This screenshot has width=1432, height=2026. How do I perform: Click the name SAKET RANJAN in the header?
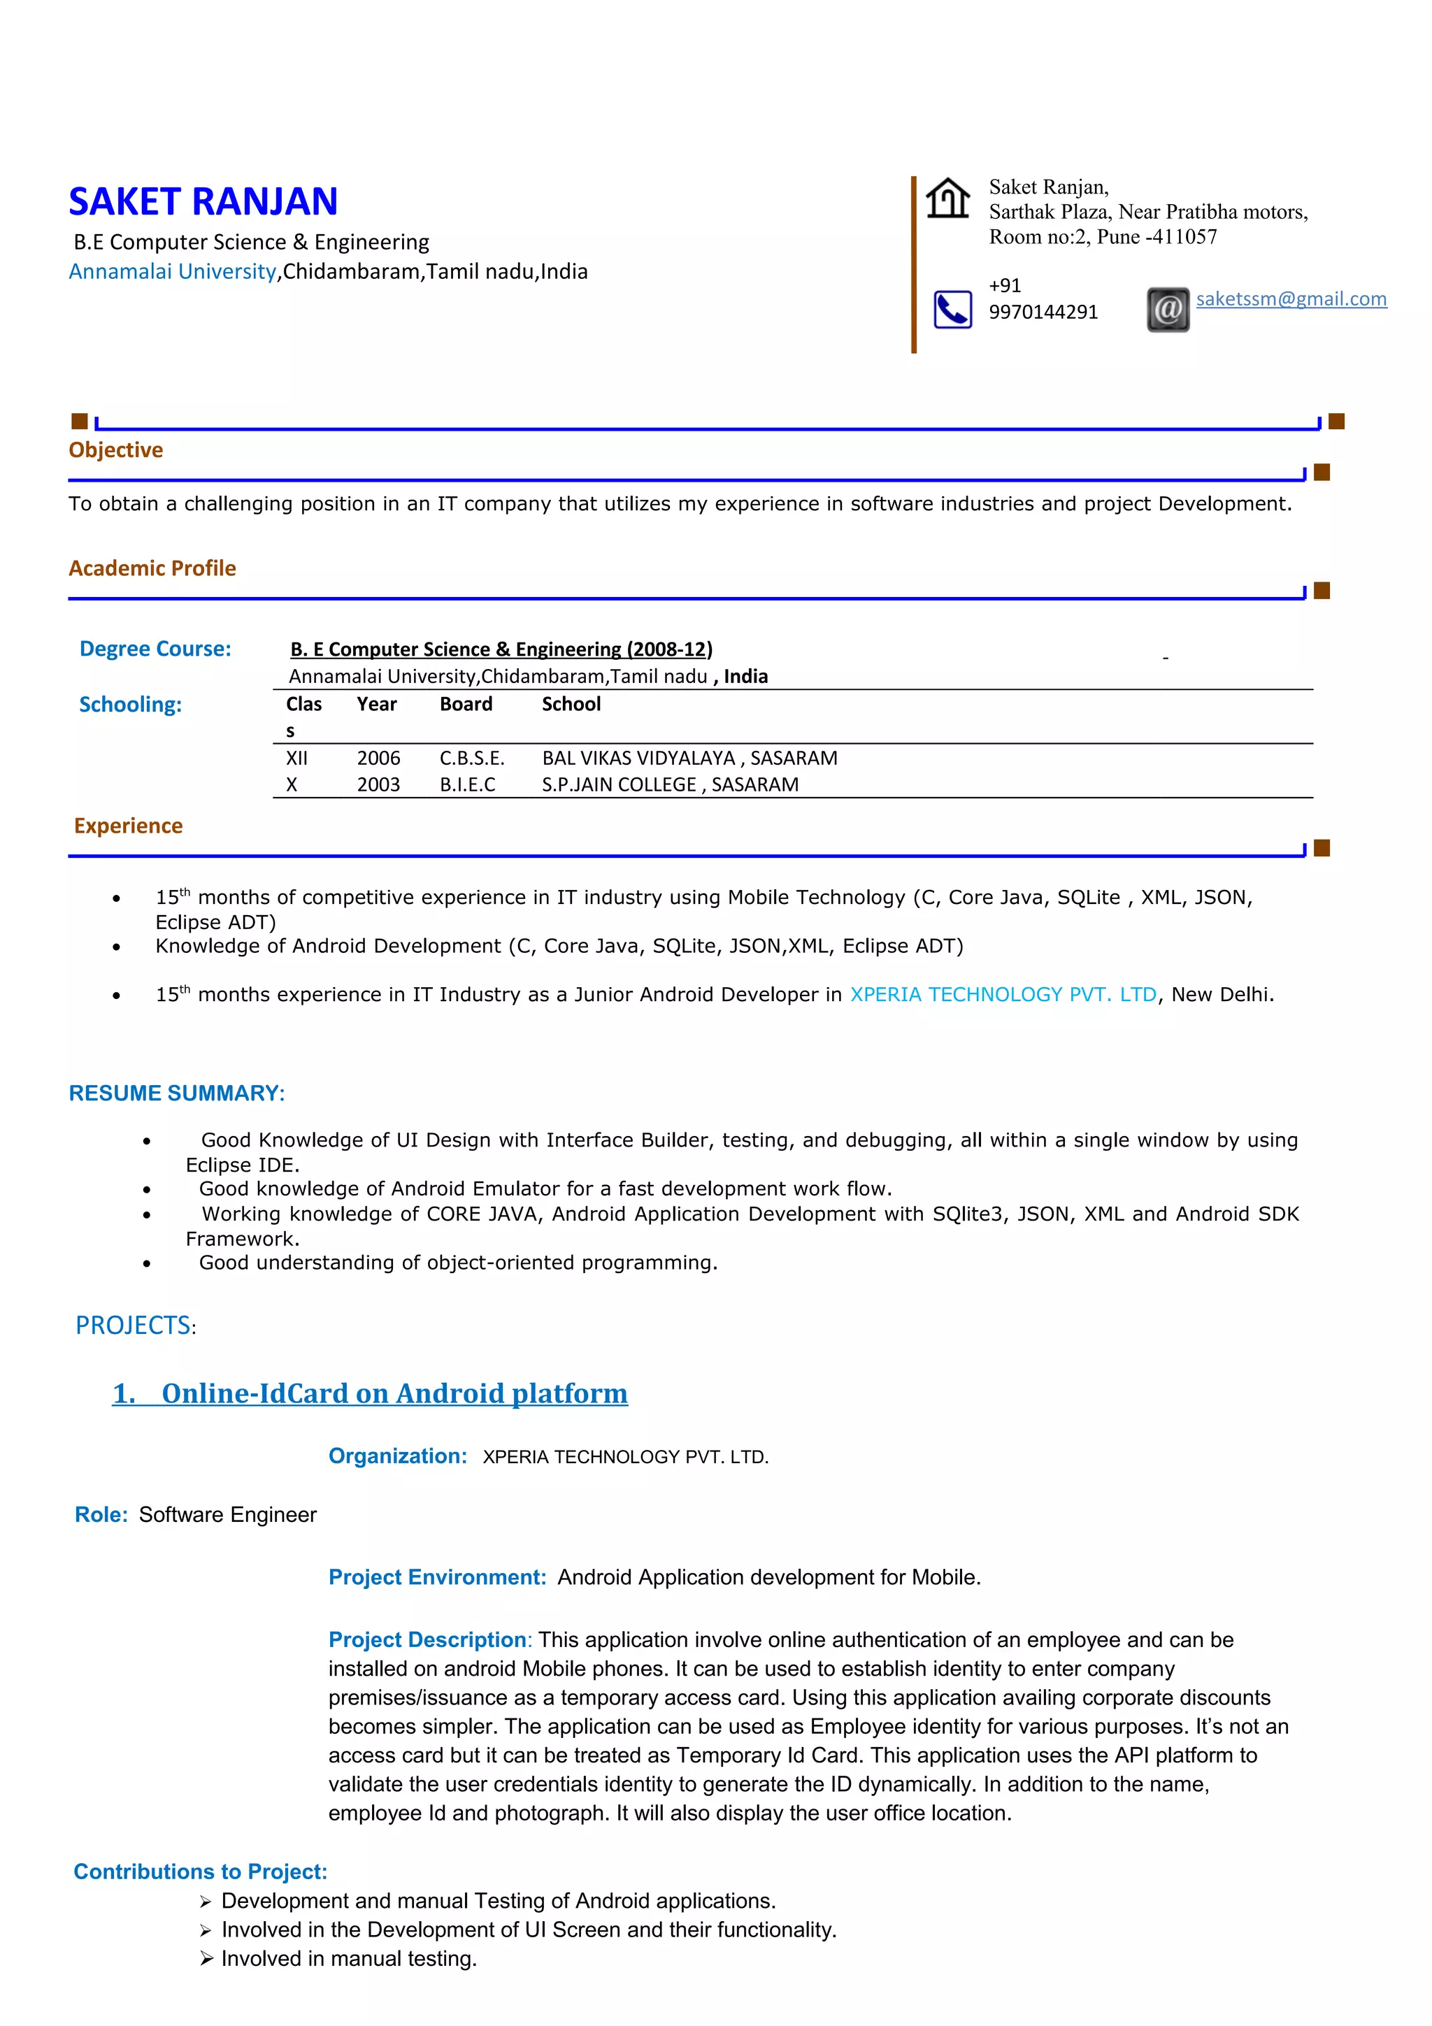[203, 202]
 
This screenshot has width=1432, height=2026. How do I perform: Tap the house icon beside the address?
[947, 198]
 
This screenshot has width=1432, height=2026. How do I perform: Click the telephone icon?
[952, 310]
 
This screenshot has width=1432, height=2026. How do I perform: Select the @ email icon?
[1167, 310]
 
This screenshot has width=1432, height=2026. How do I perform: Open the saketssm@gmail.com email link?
[1291, 299]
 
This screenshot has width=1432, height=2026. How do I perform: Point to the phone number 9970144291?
[1043, 312]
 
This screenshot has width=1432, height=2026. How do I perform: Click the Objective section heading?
[115, 450]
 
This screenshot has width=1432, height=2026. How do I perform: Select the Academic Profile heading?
[152, 568]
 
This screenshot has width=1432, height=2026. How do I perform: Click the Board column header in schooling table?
[466, 704]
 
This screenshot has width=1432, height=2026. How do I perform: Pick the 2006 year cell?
[378, 758]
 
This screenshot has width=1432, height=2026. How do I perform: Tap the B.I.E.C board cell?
[468, 784]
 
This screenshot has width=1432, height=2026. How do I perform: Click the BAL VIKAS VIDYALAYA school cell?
[689, 758]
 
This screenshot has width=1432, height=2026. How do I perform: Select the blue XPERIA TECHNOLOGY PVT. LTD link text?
[1002, 994]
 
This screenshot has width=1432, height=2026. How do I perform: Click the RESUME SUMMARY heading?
[176, 1093]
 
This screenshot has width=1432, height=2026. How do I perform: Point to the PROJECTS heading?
[134, 1325]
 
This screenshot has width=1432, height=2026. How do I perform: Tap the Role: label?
[101, 1515]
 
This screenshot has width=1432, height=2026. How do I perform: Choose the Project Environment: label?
[437, 1578]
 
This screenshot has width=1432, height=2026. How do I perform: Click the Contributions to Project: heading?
[200, 1871]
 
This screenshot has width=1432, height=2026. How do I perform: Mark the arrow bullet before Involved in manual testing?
[206, 1958]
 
